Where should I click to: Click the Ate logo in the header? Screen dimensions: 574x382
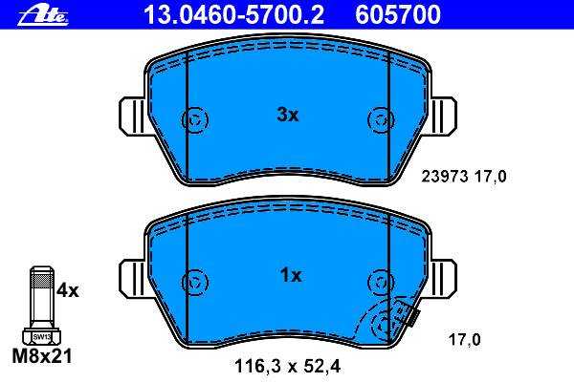coord(43,15)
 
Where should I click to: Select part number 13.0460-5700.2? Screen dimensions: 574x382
coord(234,14)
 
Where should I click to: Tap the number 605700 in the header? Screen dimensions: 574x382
coord(398,14)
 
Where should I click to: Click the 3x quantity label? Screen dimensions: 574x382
coord(288,116)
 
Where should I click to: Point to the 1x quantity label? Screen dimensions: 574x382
coord(291,275)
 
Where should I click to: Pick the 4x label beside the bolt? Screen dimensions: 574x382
coord(68,290)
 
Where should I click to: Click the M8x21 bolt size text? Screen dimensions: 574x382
coord(42,355)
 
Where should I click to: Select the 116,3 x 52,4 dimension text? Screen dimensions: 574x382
coord(287,367)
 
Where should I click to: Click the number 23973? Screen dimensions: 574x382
coord(445,177)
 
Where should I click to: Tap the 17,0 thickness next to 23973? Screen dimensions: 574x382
coord(491,177)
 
